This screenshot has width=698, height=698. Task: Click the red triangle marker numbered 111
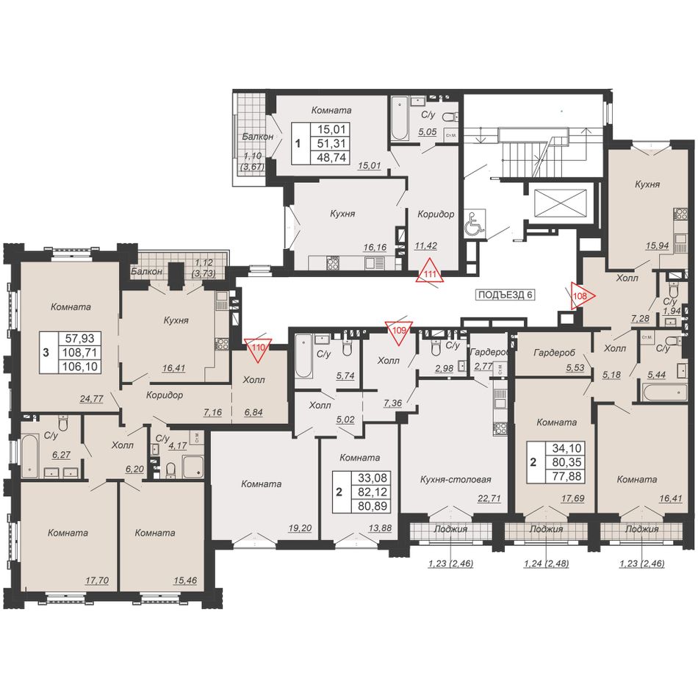430,272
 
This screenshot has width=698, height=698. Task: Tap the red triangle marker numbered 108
581,295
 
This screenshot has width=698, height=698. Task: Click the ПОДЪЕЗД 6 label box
505,295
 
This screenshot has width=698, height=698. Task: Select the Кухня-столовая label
456,480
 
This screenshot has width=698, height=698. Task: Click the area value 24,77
92,399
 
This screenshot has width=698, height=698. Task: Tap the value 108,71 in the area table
80,352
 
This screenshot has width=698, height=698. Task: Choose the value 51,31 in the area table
331,143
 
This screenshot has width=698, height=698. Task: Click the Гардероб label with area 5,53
554,353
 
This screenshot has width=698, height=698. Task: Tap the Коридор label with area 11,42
436,214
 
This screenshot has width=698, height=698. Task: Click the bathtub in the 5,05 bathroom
400,118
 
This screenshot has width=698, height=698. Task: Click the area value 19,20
300,528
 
